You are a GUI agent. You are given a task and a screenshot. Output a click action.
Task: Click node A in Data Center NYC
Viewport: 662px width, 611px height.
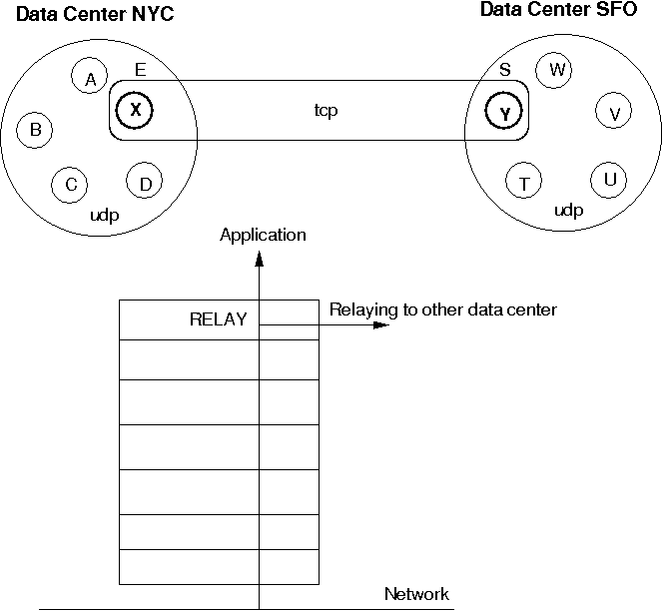[x=91, y=78]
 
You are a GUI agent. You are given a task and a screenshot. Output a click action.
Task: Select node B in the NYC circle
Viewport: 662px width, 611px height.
[x=36, y=129]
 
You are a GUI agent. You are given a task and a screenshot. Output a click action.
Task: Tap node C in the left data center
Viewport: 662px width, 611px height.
[x=70, y=184]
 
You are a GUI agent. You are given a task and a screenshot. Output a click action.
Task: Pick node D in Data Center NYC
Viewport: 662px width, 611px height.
[x=145, y=183]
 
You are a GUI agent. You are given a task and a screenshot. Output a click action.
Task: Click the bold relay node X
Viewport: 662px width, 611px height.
[x=136, y=111]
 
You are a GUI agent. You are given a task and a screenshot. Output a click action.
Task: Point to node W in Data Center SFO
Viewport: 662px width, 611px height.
[x=555, y=70]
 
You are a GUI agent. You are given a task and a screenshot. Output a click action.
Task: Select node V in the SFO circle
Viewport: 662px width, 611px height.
[x=614, y=113]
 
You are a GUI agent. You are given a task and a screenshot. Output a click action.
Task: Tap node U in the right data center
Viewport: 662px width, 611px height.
[x=609, y=180]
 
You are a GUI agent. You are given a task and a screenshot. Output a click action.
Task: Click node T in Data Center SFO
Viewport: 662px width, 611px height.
[x=523, y=183]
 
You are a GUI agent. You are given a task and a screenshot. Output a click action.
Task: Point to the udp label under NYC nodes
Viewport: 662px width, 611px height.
[x=104, y=215]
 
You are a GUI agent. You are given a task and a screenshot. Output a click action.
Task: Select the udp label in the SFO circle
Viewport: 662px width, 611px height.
[x=568, y=211]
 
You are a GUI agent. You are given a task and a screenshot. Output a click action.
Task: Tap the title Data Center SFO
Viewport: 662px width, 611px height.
[x=558, y=10]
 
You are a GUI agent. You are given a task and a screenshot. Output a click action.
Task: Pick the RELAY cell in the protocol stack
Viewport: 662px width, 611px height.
[x=218, y=319]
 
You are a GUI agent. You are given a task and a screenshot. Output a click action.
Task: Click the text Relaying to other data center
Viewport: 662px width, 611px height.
[x=442, y=309]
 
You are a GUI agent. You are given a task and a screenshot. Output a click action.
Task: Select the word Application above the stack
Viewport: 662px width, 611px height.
[x=263, y=236]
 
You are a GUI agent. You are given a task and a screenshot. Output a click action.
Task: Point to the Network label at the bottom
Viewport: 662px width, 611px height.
[x=416, y=595]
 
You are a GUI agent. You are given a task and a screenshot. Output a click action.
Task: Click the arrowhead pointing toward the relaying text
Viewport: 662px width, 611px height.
[x=379, y=324]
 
